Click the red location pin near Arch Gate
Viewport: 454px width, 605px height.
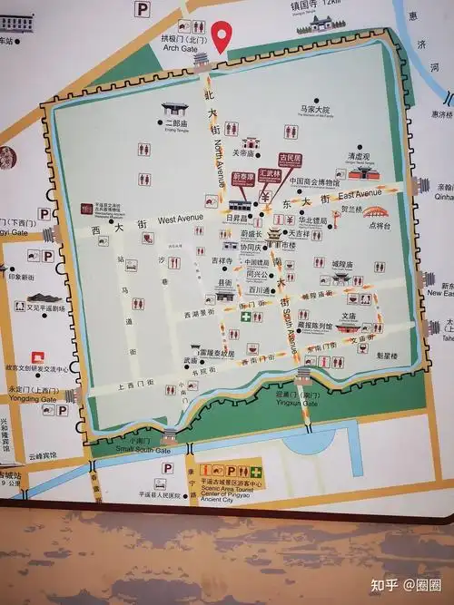pyautogui.click(x=221, y=36)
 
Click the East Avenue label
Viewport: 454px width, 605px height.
pyautogui.click(x=360, y=194)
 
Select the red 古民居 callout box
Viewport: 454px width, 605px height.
pyautogui.click(x=289, y=157)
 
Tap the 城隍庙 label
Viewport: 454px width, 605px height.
pyautogui.click(x=341, y=265)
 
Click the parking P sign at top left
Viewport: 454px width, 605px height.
pyautogui.click(x=143, y=9)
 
